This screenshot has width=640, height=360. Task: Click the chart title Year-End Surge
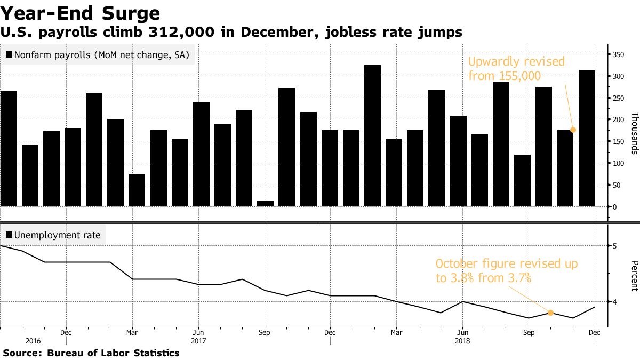click(80, 13)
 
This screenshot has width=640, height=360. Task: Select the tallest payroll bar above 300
click(372, 136)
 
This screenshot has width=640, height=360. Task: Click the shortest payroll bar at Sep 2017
click(265, 203)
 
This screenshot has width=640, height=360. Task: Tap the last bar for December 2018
click(587, 139)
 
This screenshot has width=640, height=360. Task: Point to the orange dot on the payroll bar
click(573, 130)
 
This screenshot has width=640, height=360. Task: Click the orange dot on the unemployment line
click(550, 313)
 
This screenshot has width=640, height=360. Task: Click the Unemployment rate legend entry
click(53, 234)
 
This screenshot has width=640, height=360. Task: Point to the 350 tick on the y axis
click(618, 54)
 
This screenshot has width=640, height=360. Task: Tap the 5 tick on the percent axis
click(615, 246)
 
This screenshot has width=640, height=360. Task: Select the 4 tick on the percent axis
click(615, 302)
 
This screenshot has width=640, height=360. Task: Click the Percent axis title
click(634, 275)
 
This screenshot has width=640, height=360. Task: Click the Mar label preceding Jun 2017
click(132, 332)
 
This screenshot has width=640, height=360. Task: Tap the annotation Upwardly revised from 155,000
click(516, 69)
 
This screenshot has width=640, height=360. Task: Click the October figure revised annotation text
click(506, 270)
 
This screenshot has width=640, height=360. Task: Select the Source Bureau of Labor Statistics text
click(91, 353)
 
